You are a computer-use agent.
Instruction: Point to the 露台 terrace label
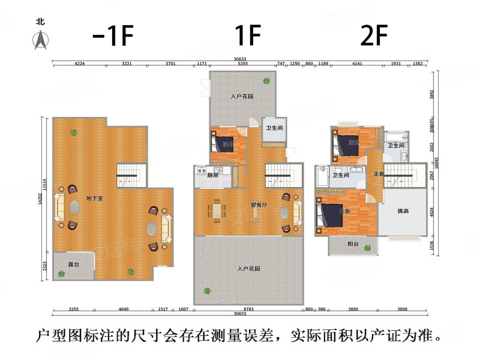pos(73,262)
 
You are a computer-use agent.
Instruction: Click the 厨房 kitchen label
pos(212,176)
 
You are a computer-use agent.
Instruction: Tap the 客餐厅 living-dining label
pos(259,205)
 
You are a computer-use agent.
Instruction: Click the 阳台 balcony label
pos(353,244)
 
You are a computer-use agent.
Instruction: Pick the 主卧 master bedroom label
pos(345,211)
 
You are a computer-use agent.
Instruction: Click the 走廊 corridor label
pos(379,174)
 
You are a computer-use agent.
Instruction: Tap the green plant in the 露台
pos(61,274)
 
